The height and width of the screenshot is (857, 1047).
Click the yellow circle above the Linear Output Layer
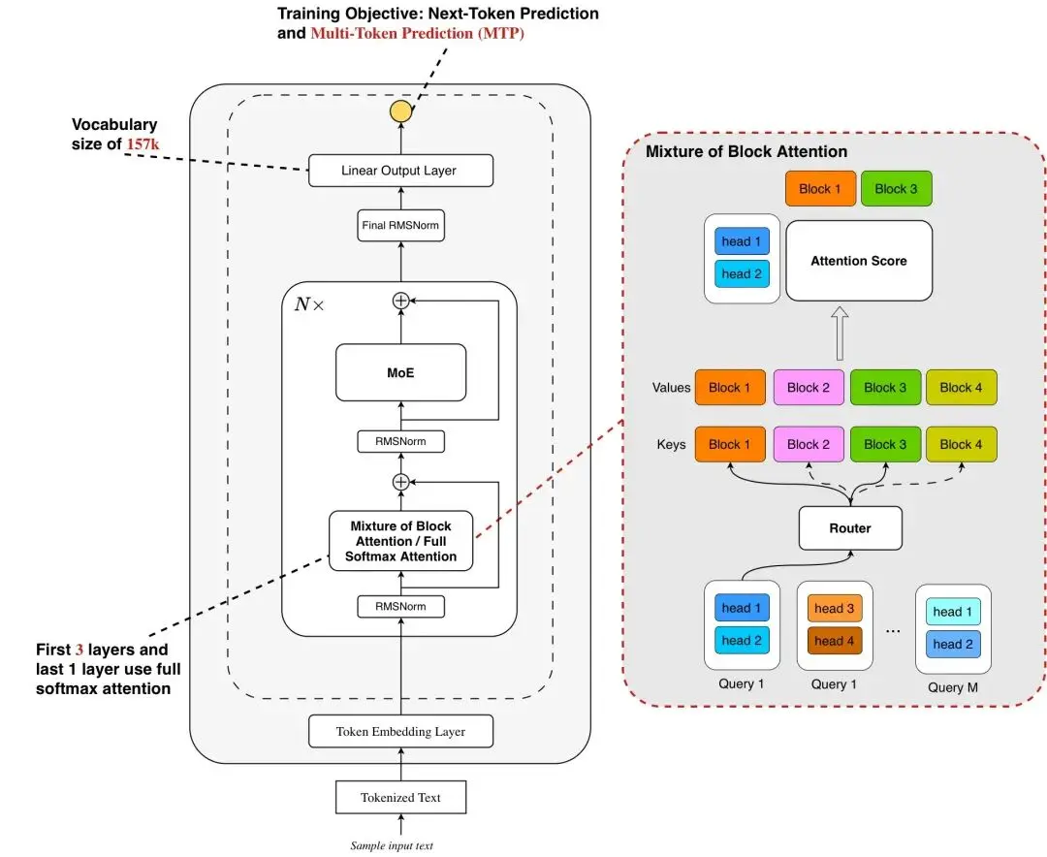400,111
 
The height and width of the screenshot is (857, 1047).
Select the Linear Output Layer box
400,171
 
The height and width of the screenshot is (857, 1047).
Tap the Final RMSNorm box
400,226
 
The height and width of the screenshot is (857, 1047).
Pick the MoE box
400,372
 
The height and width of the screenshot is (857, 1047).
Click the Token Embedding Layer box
400,731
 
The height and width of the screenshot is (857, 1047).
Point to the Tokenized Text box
400,798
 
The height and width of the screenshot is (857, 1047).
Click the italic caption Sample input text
393,845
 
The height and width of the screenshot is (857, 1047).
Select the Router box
850,528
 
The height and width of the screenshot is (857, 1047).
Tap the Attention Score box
858,261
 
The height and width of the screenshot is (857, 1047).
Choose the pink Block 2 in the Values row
809,388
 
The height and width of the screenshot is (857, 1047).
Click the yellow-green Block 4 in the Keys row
962,444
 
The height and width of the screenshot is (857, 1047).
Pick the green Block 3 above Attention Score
896,189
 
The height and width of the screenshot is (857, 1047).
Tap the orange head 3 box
835,609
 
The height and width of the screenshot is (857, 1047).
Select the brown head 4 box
835,641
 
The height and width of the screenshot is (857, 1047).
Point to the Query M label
953,686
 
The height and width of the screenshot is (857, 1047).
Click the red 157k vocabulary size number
142,143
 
